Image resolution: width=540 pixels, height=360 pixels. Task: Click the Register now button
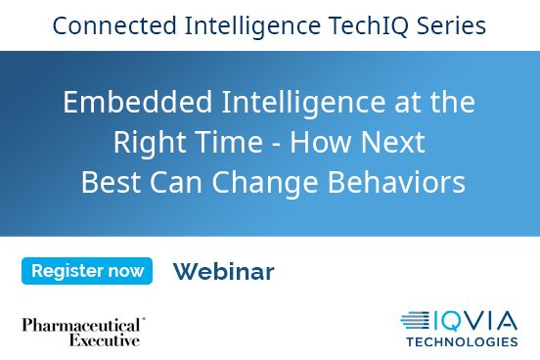(87, 271)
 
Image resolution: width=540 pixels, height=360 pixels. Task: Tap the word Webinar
(223, 272)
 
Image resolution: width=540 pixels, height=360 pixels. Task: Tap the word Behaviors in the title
(398, 183)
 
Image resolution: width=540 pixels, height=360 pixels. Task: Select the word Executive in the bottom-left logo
(104, 340)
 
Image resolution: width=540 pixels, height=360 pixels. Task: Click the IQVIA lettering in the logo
(477, 320)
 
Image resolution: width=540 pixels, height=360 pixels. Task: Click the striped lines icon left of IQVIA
(416, 320)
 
